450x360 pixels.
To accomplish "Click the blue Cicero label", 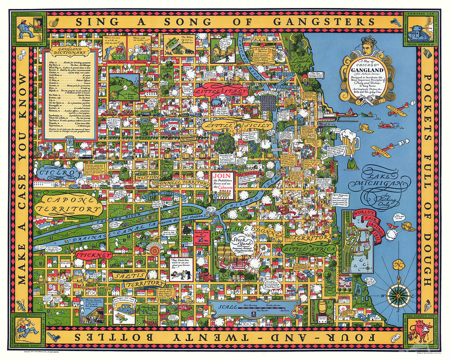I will (x=59, y=172).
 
